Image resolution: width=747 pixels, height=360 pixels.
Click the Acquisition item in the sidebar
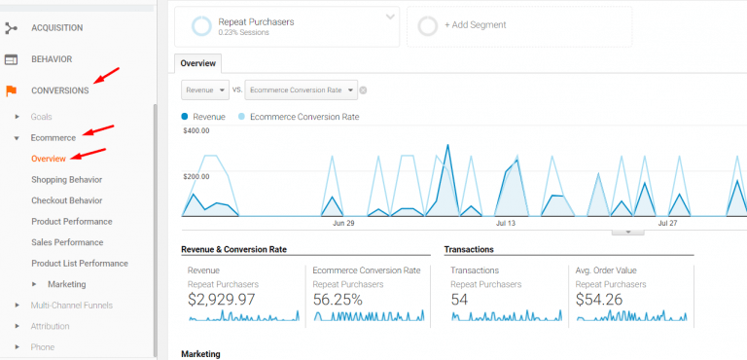click(56, 28)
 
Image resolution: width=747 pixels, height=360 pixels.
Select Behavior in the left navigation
click(51, 59)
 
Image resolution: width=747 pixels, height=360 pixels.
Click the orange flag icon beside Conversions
click(12, 90)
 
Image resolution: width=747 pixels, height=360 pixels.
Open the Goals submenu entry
click(42, 117)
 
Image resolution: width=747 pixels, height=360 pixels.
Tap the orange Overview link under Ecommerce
click(49, 159)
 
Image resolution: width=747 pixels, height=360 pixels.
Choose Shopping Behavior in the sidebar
click(66, 180)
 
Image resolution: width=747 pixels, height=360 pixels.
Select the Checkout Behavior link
click(66, 200)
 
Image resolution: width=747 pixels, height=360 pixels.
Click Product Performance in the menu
click(71, 222)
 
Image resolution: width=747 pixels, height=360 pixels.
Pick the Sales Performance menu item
click(67, 242)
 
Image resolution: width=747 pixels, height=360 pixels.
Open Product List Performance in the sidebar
click(79, 264)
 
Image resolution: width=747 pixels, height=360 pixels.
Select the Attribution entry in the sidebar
click(50, 327)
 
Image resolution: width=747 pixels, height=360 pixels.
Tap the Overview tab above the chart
click(198, 62)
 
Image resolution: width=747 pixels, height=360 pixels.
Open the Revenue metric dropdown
click(205, 90)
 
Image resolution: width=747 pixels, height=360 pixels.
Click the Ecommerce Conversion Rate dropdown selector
click(302, 90)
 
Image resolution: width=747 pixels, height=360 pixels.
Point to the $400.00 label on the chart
click(196, 130)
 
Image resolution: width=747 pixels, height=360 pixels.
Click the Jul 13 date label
click(506, 223)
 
